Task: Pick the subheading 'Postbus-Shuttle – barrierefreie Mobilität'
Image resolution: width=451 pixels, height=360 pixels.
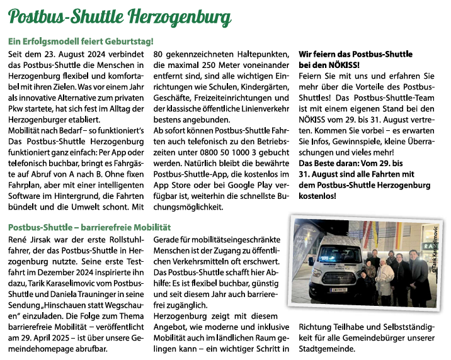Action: tap(89, 226)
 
